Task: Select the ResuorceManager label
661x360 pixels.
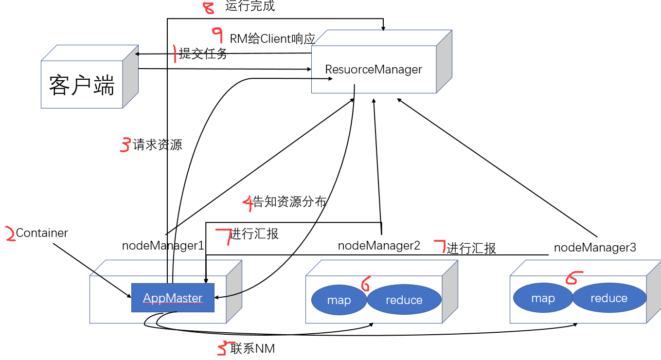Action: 373,70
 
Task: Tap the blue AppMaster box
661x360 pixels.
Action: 173,298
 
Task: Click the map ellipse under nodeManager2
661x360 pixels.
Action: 339,300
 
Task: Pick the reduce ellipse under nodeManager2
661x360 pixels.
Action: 404,300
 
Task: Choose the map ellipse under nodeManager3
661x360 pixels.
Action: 543,298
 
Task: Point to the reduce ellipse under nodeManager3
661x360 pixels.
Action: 609,298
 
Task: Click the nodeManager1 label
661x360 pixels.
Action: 163,246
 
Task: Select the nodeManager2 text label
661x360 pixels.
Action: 379,246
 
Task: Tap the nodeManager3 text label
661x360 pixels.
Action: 595,248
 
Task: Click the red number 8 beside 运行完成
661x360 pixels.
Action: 208,8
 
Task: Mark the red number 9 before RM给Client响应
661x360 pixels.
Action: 217,36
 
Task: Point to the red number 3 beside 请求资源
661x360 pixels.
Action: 125,145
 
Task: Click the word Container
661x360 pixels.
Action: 42,233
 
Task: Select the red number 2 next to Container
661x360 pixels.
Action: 9,234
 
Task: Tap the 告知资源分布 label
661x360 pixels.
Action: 289,202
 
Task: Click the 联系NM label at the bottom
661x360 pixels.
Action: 252,348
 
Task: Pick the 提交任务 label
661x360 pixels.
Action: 203,54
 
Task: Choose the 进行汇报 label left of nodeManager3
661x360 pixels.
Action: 471,248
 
